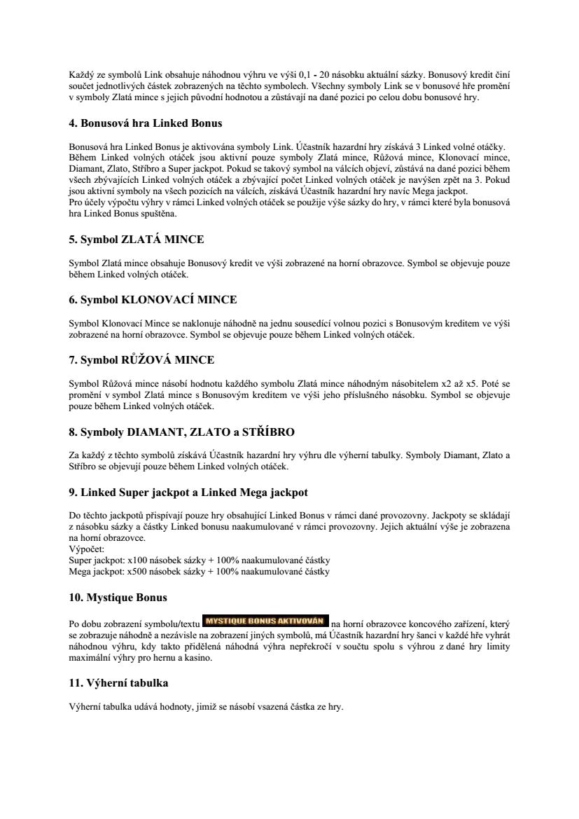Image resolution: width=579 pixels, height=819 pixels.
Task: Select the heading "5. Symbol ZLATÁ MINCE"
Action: (x=137, y=240)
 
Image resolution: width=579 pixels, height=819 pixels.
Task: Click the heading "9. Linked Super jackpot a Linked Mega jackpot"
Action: (x=188, y=492)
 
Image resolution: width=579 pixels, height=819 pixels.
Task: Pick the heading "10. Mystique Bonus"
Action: (x=118, y=598)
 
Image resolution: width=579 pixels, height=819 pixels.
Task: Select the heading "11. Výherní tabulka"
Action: (x=118, y=682)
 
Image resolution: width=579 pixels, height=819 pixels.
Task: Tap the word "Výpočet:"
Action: (x=86, y=549)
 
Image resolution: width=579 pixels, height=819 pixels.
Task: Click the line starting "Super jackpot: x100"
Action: (x=200, y=560)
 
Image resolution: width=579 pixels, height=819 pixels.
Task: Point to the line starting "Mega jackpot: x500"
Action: (x=200, y=572)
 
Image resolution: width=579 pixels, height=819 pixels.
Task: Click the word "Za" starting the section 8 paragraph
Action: (x=74, y=455)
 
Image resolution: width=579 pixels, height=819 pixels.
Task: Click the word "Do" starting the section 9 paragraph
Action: (x=75, y=516)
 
